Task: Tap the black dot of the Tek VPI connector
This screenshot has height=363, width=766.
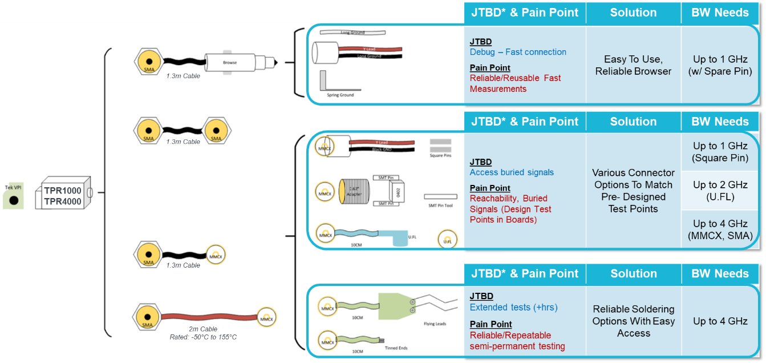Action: click(x=14, y=201)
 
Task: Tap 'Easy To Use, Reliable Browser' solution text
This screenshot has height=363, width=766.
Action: click(x=633, y=65)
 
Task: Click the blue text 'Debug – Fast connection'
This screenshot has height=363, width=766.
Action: click(x=518, y=52)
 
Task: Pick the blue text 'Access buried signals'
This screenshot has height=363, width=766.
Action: click(x=512, y=172)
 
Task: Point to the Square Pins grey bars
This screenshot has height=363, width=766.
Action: click(x=440, y=144)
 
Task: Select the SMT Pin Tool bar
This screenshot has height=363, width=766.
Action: click(x=440, y=196)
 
